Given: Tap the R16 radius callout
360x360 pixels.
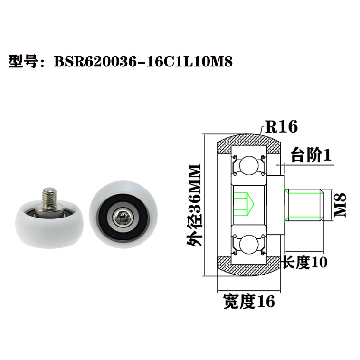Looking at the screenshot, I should (281, 127).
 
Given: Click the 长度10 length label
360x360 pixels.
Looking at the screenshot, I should (304, 262).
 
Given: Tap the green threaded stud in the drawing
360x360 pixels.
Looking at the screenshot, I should (304, 205).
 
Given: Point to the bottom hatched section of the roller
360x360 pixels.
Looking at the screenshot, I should (247, 266).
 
